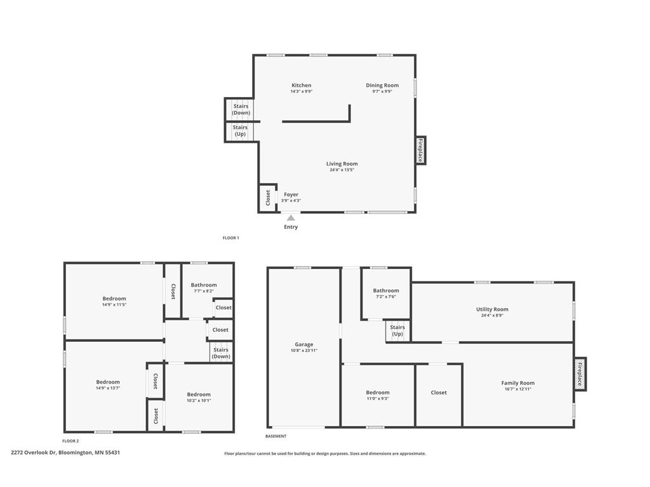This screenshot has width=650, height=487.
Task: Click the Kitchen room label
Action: click(x=302, y=86)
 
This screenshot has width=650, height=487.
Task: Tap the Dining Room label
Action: click(x=382, y=86)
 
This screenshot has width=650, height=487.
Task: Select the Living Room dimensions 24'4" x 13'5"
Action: click(x=342, y=170)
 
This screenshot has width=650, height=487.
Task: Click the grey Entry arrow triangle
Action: click(x=291, y=218)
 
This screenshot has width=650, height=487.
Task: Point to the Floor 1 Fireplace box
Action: click(x=421, y=150)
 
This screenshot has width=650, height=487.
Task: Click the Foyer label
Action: click(x=291, y=195)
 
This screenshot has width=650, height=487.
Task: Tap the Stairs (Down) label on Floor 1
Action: click(x=241, y=109)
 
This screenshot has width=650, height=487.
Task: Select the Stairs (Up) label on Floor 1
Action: click(x=240, y=131)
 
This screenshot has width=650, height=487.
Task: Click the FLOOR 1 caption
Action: click(x=231, y=238)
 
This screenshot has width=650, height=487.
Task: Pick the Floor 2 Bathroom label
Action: click(x=204, y=285)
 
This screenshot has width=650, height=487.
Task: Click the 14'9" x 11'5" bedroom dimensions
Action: click(x=114, y=305)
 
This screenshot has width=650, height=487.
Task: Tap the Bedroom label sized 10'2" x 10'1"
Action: click(x=199, y=394)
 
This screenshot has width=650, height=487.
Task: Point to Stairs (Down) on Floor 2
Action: click(x=221, y=353)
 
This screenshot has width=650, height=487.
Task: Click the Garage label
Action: click(x=304, y=344)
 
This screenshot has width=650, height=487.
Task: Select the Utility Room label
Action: click(x=492, y=309)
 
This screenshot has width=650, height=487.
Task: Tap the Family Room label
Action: click(x=518, y=383)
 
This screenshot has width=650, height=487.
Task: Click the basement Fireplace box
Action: click(x=580, y=374)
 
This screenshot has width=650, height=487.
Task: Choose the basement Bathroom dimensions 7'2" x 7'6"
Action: click(x=386, y=297)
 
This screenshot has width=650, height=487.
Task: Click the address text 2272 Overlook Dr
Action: click(x=34, y=453)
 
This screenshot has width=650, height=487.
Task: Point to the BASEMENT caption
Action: click(x=275, y=436)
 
